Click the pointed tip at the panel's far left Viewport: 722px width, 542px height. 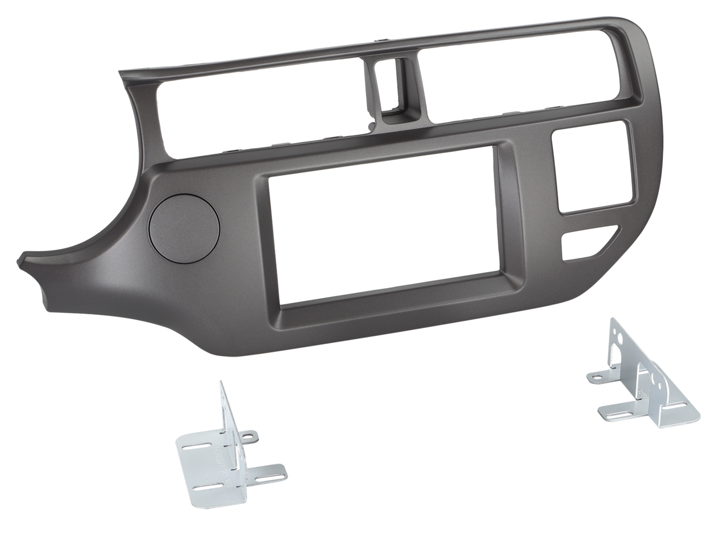[x=20, y=260]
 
